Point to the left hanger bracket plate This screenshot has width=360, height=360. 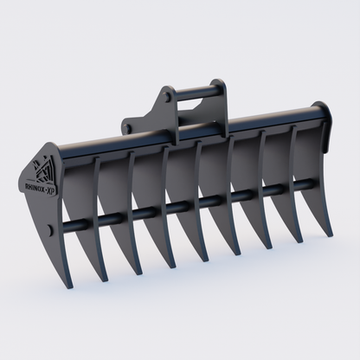pyautogui.click(x=161, y=107)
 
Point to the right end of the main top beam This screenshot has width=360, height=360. pyautogui.click(x=324, y=111)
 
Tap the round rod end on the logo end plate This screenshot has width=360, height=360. pyautogui.click(x=57, y=228)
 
